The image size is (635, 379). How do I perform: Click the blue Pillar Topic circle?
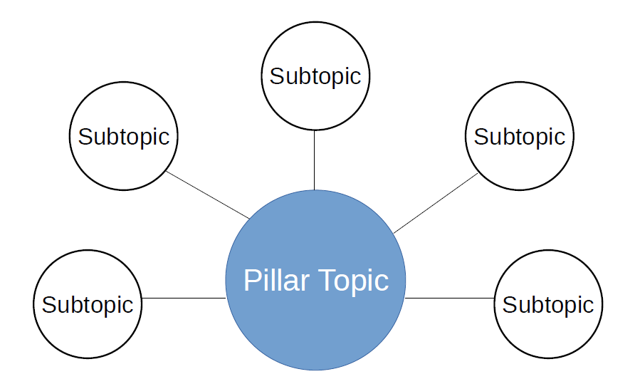315,280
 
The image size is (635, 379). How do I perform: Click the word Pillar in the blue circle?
277,280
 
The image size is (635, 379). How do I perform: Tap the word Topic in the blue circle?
354,281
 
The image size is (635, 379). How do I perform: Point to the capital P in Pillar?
251,280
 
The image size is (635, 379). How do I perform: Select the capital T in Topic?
327,280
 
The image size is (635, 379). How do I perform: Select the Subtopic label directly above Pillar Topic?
315,77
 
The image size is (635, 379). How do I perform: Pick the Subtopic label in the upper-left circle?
124,137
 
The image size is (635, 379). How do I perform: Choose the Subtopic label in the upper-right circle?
520,137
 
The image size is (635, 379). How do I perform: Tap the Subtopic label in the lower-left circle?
88,305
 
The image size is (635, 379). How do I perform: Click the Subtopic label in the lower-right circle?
548,305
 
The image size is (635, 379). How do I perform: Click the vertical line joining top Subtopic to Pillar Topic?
314,160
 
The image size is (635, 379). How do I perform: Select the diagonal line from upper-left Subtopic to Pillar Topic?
208,194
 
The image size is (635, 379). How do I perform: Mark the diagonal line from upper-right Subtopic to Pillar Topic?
436,203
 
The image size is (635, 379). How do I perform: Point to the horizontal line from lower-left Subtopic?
184,298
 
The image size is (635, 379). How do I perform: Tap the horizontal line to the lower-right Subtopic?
449,298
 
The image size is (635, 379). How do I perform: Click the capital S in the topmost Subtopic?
277,76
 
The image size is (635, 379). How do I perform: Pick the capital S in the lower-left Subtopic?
49,304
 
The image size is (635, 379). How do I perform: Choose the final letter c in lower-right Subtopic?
589,307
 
